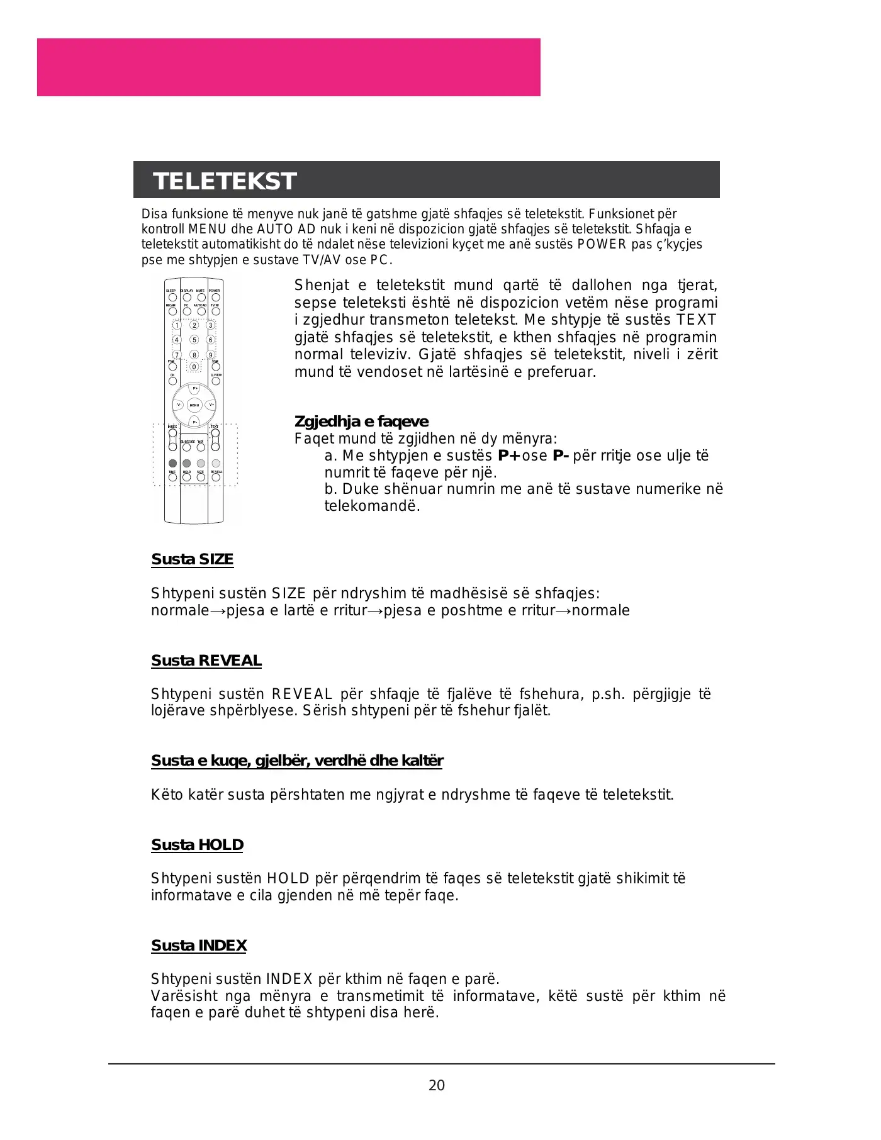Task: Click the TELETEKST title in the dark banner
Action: pyautogui.click(x=225, y=181)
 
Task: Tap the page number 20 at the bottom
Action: pyautogui.click(x=436, y=1085)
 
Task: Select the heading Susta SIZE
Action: pyautogui.click(x=192, y=559)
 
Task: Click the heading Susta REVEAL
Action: pyautogui.click(x=206, y=661)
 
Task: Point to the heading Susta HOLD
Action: pyautogui.click(x=197, y=845)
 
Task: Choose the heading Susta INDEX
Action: pyautogui.click(x=199, y=946)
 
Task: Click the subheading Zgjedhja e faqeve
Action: pyautogui.click(x=361, y=422)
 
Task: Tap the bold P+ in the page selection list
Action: pyautogui.click(x=509, y=455)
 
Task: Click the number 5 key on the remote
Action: pyautogui.click(x=194, y=340)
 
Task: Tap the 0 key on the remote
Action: pyautogui.click(x=194, y=367)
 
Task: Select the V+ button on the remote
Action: pyautogui.click(x=211, y=405)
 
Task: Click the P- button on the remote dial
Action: pyautogui.click(x=194, y=422)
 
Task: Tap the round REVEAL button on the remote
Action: pyautogui.click(x=216, y=478)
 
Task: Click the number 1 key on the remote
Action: pyautogui.click(x=177, y=325)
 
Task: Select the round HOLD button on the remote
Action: pyautogui.click(x=187, y=478)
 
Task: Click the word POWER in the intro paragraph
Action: pyautogui.click(x=602, y=244)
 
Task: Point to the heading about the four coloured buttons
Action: pyautogui.click(x=297, y=761)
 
